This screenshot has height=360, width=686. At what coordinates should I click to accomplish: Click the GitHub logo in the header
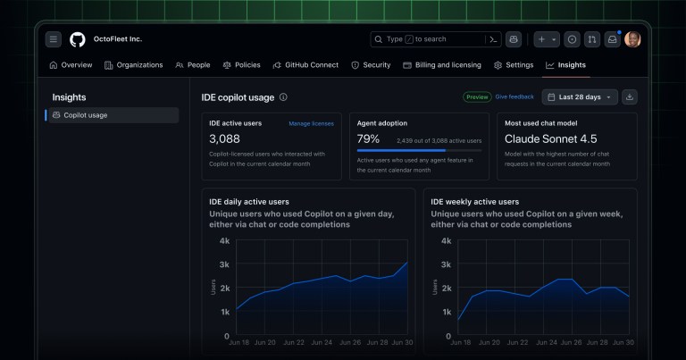tap(78, 39)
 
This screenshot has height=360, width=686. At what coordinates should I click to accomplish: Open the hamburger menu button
tap(54, 39)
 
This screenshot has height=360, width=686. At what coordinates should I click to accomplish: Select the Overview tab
tap(71, 65)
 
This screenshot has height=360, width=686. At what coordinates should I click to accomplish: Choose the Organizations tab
tap(134, 65)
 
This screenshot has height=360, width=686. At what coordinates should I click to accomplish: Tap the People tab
tap(193, 65)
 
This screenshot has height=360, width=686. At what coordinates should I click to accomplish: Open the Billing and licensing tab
tap(442, 65)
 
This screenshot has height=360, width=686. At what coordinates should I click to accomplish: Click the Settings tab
tap(514, 65)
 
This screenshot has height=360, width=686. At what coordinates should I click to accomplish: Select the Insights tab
tap(565, 65)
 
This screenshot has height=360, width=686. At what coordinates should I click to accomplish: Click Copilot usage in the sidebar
tap(85, 115)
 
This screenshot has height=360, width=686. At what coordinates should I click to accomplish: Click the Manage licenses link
tap(311, 123)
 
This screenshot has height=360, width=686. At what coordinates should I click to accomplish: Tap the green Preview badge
tap(477, 96)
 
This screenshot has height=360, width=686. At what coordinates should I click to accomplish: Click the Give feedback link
tap(514, 96)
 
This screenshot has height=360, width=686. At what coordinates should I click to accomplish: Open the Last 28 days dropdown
tap(580, 96)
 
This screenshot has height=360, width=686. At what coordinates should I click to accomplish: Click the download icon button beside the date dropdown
tap(630, 96)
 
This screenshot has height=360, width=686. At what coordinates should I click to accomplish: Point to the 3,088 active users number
tap(224, 139)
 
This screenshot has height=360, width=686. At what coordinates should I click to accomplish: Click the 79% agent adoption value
tap(368, 139)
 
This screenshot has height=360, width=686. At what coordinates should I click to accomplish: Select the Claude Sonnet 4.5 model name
tap(551, 139)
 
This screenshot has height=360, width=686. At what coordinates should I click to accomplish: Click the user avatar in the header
tap(632, 39)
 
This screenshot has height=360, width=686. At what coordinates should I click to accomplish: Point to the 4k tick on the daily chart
tap(224, 241)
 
